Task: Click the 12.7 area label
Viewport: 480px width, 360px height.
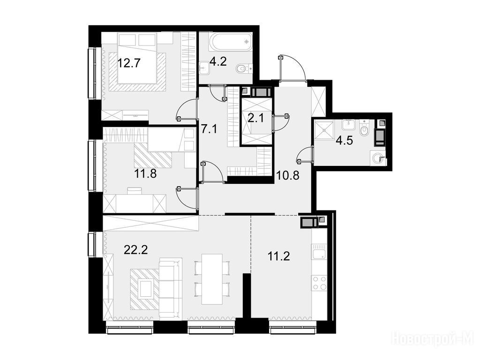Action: point(129,63)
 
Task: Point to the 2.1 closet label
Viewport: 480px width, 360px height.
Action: point(255,118)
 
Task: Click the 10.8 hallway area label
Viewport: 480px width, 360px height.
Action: point(288,176)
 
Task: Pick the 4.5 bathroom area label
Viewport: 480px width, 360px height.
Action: point(345,141)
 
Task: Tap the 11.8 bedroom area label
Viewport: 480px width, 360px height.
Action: point(145,174)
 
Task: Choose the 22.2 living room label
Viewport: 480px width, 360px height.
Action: point(135,250)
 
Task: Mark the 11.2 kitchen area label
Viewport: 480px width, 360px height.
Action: point(278,256)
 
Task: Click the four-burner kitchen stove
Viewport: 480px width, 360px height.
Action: point(319,283)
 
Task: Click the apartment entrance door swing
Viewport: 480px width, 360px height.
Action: point(292,67)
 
